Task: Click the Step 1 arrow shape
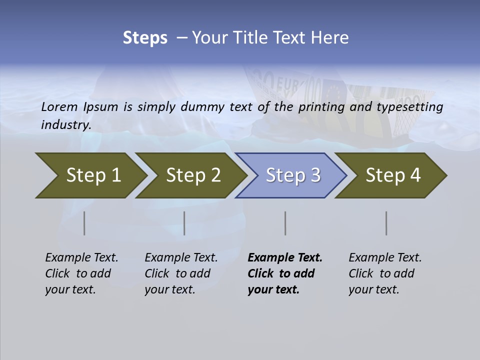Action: click(90, 175)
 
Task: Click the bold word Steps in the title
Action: click(145, 38)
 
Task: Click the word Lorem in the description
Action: click(59, 107)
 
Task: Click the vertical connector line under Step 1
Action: click(84, 223)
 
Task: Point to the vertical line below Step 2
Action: click(184, 223)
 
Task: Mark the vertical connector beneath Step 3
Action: click(285, 223)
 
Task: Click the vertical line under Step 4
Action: click(386, 223)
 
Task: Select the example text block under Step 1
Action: click(81, 273)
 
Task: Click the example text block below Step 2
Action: click(181, 273)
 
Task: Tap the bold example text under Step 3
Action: click(284, 273)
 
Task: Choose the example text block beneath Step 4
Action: click(385, 273)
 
